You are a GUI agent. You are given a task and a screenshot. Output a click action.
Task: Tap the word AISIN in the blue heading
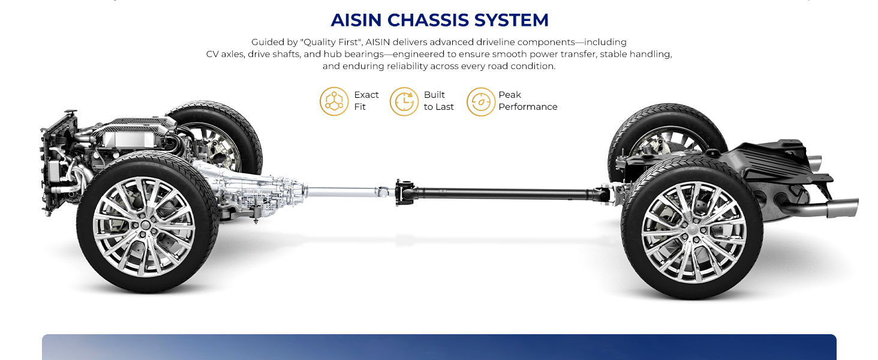[356, 20]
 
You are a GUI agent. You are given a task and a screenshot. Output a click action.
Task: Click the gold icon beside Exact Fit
[334, 101]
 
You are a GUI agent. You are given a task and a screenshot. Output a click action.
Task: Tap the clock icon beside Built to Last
[404, 101]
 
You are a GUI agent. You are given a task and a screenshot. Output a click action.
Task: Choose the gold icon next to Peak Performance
[481, 101]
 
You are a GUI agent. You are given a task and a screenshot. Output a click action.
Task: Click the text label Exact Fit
[366, 101]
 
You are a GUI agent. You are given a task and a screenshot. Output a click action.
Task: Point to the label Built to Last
[438, 101]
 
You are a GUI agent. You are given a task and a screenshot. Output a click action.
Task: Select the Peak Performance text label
[528, 101]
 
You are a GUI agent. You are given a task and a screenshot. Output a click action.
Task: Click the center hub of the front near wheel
[145, 225]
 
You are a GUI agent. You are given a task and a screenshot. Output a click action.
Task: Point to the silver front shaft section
[343, 192]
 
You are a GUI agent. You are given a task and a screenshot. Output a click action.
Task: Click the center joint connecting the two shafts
[404, 192]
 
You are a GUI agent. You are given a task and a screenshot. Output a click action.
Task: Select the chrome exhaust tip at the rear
[843, 207]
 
